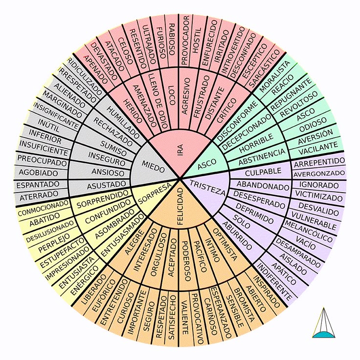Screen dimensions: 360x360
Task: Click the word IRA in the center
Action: click(x=180, y=150)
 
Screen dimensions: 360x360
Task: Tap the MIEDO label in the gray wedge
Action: click(x=154, y=167)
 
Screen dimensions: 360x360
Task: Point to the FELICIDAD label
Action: click(x=180, y=206)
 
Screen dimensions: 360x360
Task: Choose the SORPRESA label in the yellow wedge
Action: click(x=155, y=194)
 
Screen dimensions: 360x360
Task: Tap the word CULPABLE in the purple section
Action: click(x=263, y=172)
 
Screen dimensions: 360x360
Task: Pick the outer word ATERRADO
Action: click(x=39, y=196)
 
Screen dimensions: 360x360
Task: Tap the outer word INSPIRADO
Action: click(x=266, y=292)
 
